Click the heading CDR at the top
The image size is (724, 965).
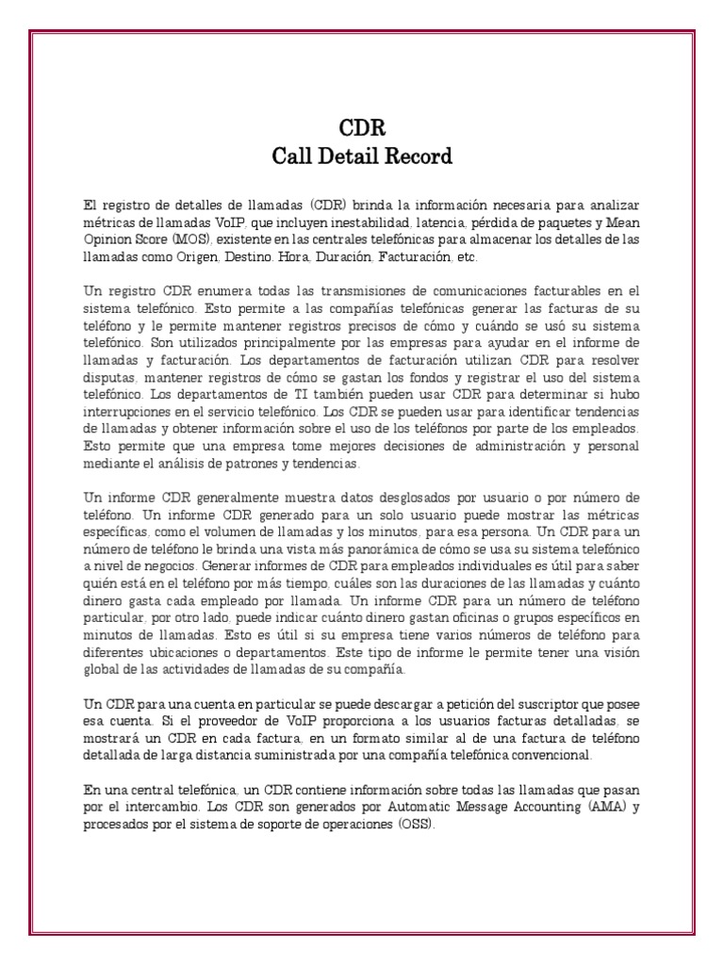tap(362, 127)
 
